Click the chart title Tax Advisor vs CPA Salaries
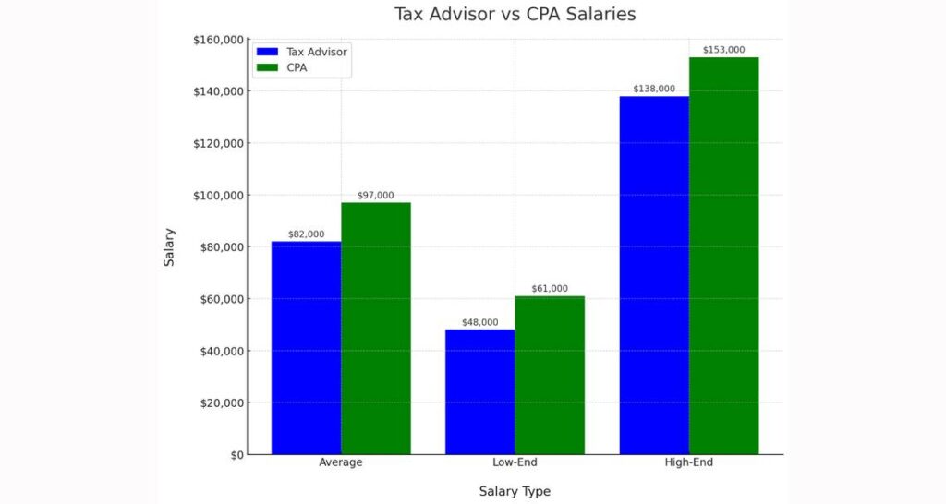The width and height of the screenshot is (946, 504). click(x=515, y=15)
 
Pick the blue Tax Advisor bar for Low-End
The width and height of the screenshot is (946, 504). click(x=479, y=392)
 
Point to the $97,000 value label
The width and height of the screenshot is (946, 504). click(x=375, y=196)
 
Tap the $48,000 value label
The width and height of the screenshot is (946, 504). click(x=479, y=323)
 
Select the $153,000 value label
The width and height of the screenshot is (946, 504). click(x=723, y=50)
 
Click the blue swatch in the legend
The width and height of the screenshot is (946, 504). click(x=268, y=52)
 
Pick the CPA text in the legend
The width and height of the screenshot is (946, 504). click(x=297, y=67)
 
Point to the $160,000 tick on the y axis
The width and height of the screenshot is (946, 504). click(x=218, y=40)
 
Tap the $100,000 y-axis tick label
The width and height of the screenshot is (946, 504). click(x=218, y=196)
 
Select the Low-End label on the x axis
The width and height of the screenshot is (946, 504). click(x=515, y=462)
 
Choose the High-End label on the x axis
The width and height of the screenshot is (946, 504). click(x=688, y=462)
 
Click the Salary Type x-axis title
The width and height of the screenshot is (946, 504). click(x=515, y=491)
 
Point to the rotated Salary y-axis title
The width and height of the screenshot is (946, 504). click(x=169, y=247)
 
